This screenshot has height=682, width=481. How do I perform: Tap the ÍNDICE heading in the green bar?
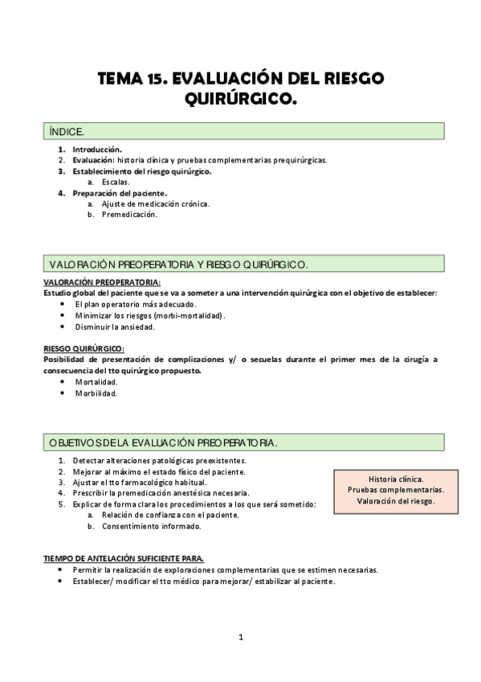point(67,129)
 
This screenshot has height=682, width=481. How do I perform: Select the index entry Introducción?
point(97,150)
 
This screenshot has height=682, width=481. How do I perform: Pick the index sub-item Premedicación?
point(129,215)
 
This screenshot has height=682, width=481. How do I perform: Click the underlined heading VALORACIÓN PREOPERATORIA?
point(101,282)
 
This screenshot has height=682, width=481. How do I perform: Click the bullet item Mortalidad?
point(96,382)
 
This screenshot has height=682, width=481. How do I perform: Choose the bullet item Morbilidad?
point(96,393)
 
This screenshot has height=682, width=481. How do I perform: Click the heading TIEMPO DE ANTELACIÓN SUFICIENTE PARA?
point(124,558)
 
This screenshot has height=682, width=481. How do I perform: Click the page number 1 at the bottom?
point(240,638)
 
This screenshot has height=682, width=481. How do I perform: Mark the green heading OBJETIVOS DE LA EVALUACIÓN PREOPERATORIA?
point(164,442)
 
